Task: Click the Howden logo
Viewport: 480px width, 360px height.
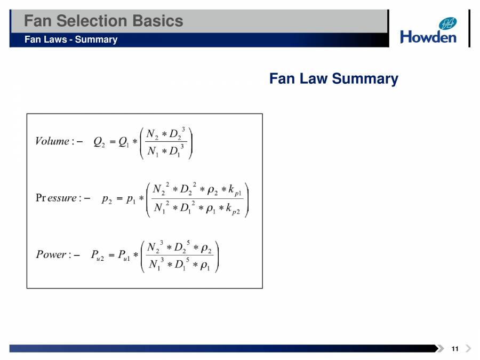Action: pyautogui.click(x=428, y=30)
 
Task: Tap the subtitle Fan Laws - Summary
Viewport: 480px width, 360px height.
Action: pyautogui.click(x=71, y=39)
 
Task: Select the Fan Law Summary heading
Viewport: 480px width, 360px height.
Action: pyautogui.click(x=333, y=79)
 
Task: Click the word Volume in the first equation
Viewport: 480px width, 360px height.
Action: pyautogui.click(x=52, y=141)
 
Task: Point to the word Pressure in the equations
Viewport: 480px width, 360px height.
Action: pyautogui.click(x=56, y=198)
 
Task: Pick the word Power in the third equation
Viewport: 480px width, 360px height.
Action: pyautogui.click(x=51, y=254)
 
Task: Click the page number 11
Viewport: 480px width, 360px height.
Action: pyautogui.click(x=454, y=349)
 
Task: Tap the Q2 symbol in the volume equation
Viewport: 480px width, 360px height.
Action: pyautogui.click(x=99, y=142)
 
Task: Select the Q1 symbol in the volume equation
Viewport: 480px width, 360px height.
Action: pyautogui.click(x=124, y=142)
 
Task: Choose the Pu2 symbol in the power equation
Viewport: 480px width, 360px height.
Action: pyautogui.click(x=97, y=255)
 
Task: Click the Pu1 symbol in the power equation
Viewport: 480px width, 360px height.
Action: pyautogui.click(x=124, y=255)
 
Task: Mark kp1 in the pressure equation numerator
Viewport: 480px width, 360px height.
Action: pyautogui.click(x=235, y=190)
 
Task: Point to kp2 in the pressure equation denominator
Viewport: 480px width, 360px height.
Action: pyautogui.click(x=234, y=209)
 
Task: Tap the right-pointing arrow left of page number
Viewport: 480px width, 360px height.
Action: pyautogui.click(x=441, y=349)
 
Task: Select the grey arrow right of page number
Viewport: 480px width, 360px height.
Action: pyautogui.click(x=468, y=349)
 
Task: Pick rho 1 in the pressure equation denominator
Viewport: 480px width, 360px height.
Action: pyautogui.click(x=208, y=209)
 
